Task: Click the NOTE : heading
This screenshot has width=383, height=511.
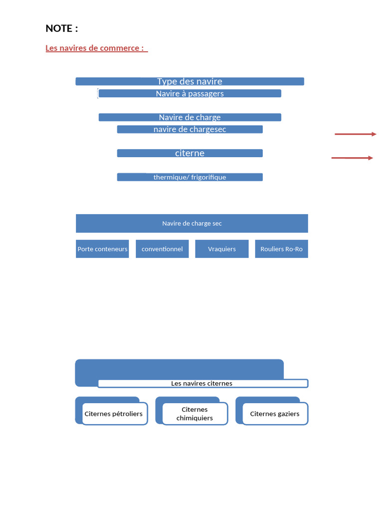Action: click(x=62, y=28)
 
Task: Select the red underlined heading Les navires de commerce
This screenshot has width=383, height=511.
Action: click(x=96, y=48)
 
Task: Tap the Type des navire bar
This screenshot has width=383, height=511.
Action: click(x=190, y=81)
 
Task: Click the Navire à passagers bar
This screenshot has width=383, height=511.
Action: click(x=190, y=93)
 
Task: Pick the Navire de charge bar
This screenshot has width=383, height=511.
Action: click(x=190, y=117)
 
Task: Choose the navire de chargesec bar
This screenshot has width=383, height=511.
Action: click(x=190, y=129)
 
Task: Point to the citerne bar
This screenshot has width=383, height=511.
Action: click(x=190, y=153)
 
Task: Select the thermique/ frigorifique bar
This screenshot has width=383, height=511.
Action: click(x=190, y=177)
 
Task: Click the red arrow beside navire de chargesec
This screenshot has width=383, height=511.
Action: click(x=356, y=134)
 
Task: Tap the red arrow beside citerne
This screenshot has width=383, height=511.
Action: click(x=353, y=158)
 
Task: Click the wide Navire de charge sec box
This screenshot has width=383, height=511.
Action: click(x=192, y=223)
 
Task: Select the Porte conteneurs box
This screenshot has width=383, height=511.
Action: click(x=102, y=249)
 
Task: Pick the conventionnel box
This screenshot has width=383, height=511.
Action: click(x=162, y=249)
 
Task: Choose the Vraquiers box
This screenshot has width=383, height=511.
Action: click(x=222, y=249)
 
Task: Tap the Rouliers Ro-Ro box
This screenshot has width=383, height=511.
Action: click(x=281, y=249)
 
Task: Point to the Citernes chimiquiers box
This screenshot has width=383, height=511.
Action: click(x=195, y=414)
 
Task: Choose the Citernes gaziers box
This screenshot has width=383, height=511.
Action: click(x=275, y=414)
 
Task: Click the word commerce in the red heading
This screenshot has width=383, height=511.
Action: click(x=120, y=48)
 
